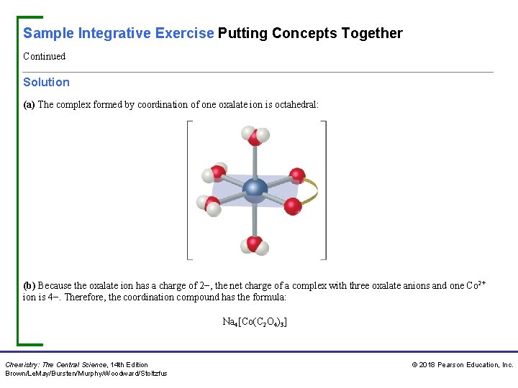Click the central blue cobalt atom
point(255,190)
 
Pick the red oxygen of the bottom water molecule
point(254,243)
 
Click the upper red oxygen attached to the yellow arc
point(296,176)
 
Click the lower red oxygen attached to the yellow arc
point(292,206)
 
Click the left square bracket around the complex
point(188,190)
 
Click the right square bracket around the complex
point(324,190)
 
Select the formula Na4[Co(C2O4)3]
point(255,323)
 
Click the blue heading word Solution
point(46,83)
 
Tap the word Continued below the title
point(44,56)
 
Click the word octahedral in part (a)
point(295,105)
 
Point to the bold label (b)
point(29,285)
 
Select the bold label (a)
point(29,105)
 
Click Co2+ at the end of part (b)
point(476,285)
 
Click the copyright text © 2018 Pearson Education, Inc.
point(462,365)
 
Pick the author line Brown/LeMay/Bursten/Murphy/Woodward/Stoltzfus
point(86,374)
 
